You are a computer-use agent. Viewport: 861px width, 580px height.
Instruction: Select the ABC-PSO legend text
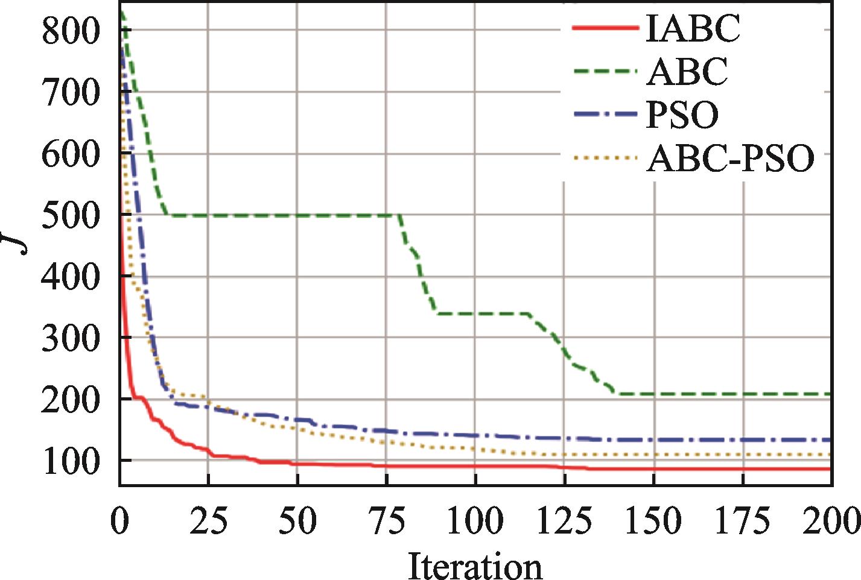point(730,159)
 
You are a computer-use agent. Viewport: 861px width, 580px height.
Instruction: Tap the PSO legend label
point(682,115)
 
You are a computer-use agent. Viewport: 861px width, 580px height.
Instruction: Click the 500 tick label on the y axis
point(71,215)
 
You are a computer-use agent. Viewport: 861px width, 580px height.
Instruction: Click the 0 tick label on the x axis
point(119,520)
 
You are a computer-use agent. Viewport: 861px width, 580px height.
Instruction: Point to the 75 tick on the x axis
point(387,520)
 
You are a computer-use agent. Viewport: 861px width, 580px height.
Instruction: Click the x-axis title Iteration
point(475,566)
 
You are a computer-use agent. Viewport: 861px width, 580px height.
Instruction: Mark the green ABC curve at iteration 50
point(297,215)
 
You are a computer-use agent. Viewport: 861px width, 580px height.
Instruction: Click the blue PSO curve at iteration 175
point(743,440)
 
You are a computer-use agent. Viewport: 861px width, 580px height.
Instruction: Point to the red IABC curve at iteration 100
point(475,465)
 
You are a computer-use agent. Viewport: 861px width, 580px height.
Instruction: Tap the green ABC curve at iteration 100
point(475,314)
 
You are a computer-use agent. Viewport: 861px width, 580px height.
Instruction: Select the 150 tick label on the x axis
point(653,520)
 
